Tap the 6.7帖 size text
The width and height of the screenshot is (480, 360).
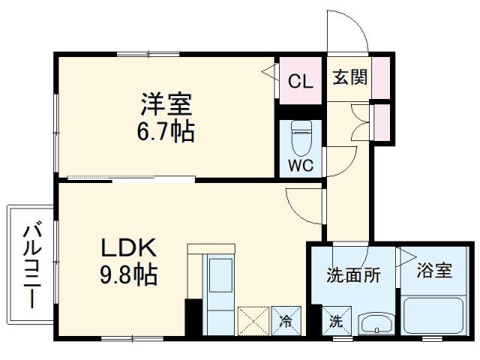tap(165, 133)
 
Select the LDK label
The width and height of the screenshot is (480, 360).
tap(127, 247)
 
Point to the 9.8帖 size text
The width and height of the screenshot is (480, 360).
tap(127, 275)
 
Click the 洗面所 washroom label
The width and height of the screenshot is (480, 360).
tap(352, 275)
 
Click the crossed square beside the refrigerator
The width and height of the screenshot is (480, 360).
tap(252, 321)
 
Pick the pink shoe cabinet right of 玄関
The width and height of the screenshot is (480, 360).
tap(382, 76)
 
